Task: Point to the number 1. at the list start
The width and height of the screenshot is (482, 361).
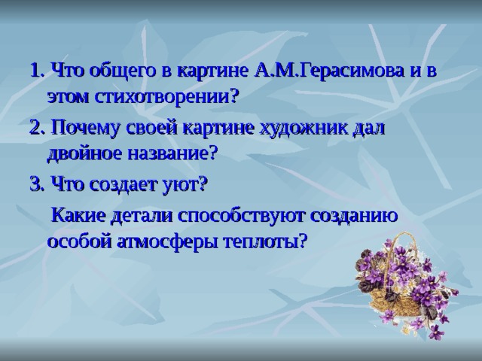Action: (x=38, y=71)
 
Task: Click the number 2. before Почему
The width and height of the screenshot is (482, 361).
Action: (x=38, y=128)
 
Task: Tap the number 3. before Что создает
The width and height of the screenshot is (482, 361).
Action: (x=38, y=185)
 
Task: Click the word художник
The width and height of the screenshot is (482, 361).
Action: (x=304, y=129)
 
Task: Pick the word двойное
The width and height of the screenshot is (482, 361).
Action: (x=85, y=154)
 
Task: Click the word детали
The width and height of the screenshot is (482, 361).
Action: (x=142, y=215)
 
